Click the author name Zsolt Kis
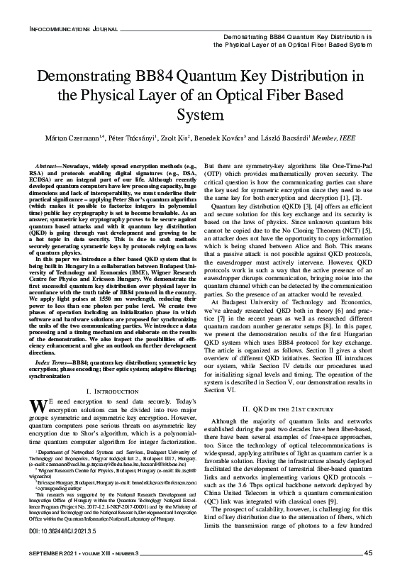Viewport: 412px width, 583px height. point(186,137)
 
